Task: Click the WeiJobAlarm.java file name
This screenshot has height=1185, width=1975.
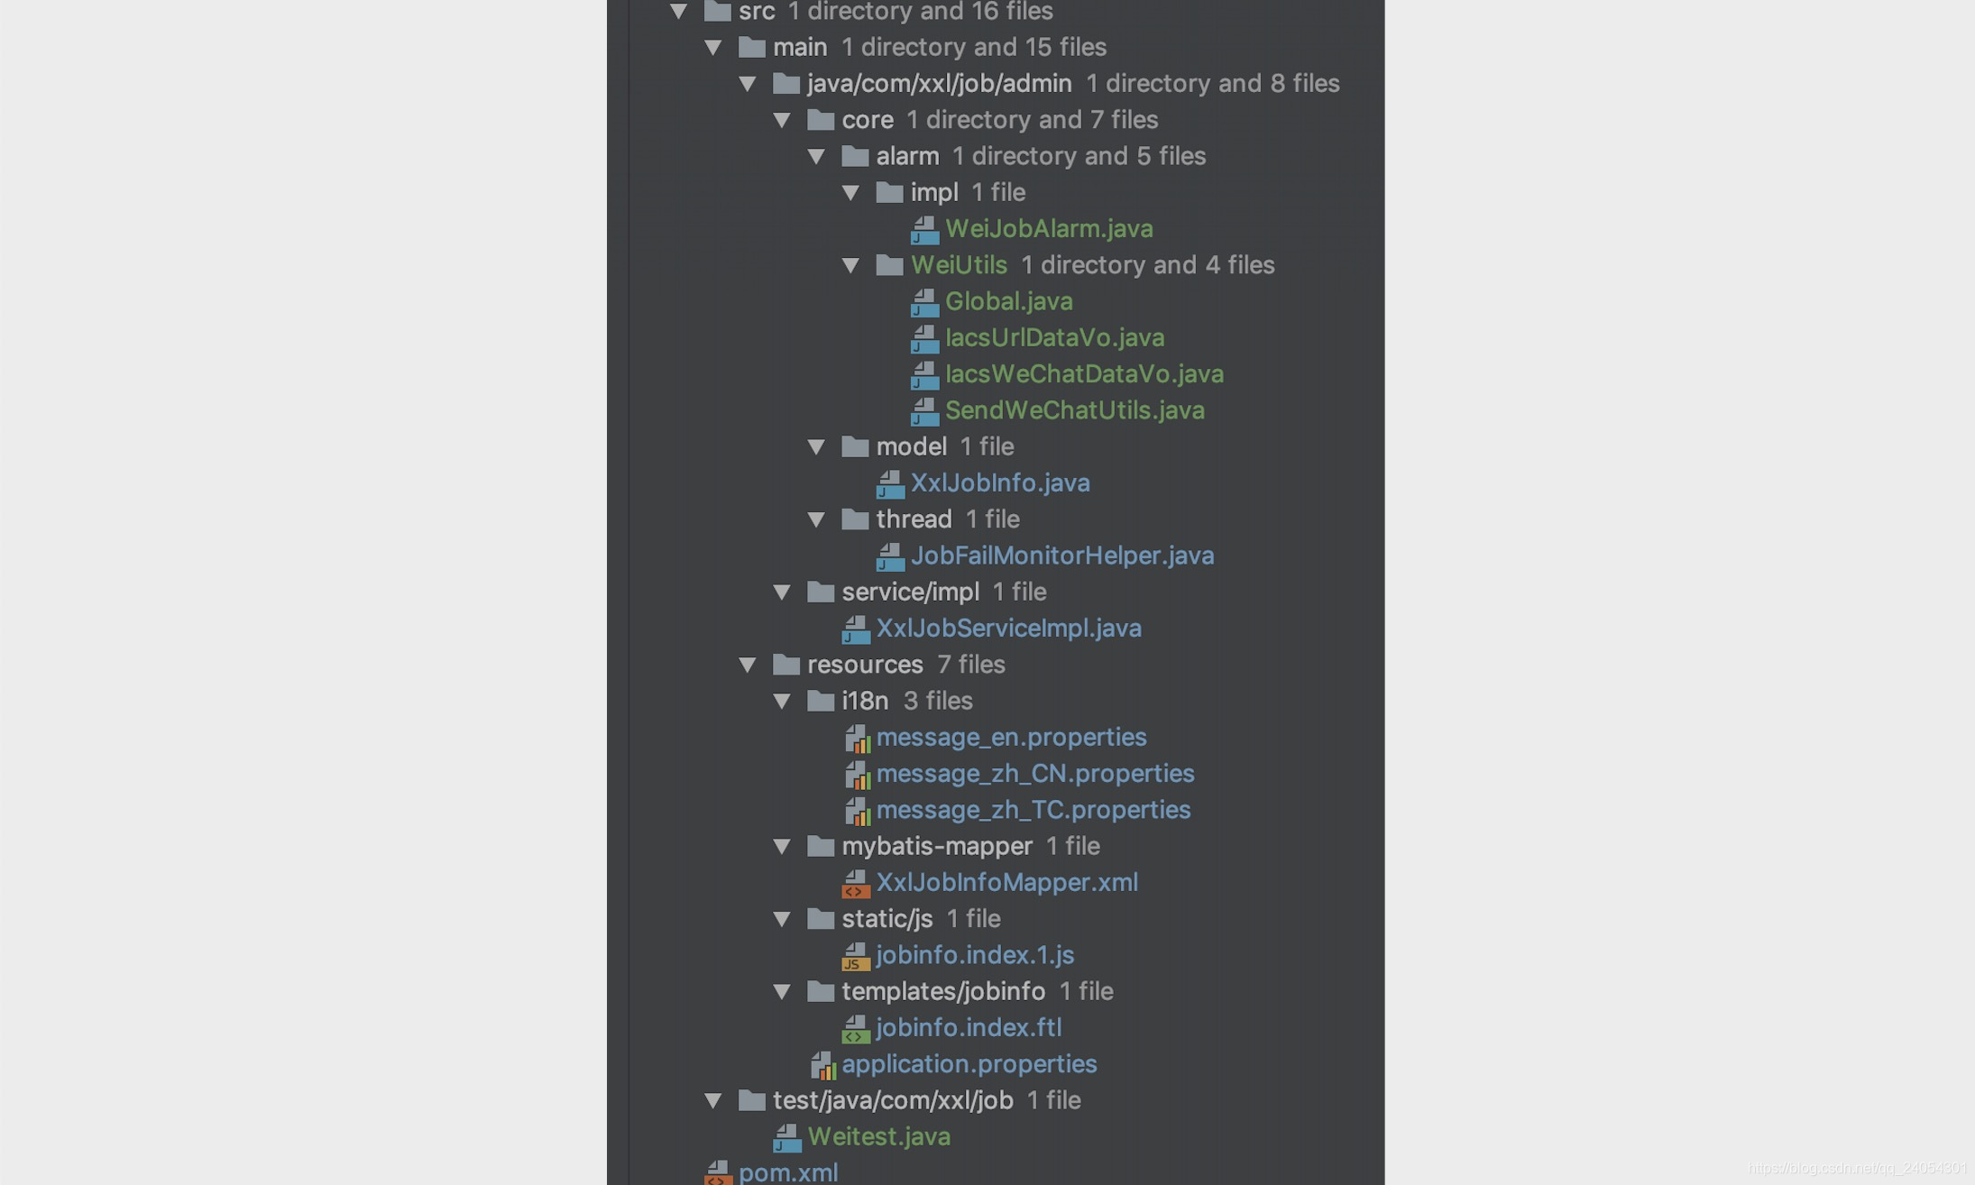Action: tap(1049, 229)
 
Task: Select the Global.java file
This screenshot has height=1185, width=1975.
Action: tap(1008, 301)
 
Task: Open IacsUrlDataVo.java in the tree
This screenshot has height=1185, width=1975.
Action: tap(1054, 338)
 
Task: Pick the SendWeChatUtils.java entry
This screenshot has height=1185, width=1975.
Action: tap(1074, 410)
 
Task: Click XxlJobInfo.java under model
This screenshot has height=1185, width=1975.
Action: tap(999, 483)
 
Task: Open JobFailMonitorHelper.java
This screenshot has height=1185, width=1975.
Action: tap(1061, 556)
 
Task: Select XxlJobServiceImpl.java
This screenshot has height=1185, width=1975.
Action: tap(1008, 629)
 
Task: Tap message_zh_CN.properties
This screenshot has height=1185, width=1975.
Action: tap(1034, 774)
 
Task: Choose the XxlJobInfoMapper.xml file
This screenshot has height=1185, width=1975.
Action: tap(1006, 883)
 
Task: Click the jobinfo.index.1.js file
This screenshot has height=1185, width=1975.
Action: tap(974, 955)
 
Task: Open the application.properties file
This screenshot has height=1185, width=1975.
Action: tap(969, 1064)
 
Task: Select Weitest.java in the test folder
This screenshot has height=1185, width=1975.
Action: tap(878, 1136)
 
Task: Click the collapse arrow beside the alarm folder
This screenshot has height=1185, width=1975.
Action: tap(817, 157)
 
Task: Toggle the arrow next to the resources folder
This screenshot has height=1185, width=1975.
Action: tap(748, 666)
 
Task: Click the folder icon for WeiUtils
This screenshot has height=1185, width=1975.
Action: tap(889, 265)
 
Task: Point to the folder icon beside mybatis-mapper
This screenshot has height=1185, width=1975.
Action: tap(821, 846)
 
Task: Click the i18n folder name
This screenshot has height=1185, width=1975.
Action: tap(864, 701)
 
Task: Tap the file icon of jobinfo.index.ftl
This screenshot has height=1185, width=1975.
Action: tap(855, 1028)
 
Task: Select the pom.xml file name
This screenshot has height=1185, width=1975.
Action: tap(787, 1172)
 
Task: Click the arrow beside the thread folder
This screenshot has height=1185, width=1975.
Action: tap(817, 520)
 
